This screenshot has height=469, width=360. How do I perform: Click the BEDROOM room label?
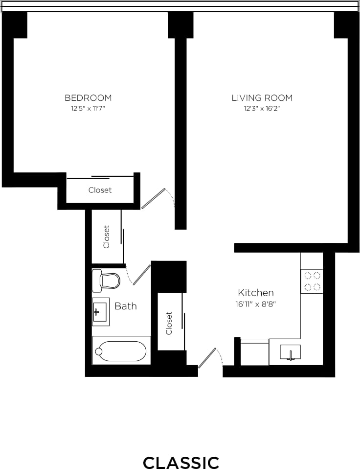click(x=88, y=98)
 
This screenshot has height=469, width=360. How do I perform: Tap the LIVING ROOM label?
click(x=262, y=98)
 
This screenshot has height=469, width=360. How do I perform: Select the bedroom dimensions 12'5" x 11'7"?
click(x=88, y=108)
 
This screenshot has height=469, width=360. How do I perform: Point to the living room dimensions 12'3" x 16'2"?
click(x=262, y=108)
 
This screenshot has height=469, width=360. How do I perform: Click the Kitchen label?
click(x=255, y=293)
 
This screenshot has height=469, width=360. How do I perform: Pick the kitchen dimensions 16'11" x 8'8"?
click(x=255, y=304)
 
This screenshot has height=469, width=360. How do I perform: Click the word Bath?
click(x=126, y=306)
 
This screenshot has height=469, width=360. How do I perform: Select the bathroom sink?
click(x=101, y=311)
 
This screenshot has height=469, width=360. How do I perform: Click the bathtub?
click(x=121, y=351)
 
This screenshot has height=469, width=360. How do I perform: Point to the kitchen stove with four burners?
click(x=312, y=281)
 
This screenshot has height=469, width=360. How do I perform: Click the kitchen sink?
click(x=290, y=352)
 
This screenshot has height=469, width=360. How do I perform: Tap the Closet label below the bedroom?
click(x=100, y=190)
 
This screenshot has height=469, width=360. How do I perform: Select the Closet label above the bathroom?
click(x=107, y=236)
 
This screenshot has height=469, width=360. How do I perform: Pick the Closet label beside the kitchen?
click(x=169, y=323)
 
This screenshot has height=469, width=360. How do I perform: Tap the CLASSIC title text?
click(x=180, y=462)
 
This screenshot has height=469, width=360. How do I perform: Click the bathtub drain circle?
click(x=99, y=351)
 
